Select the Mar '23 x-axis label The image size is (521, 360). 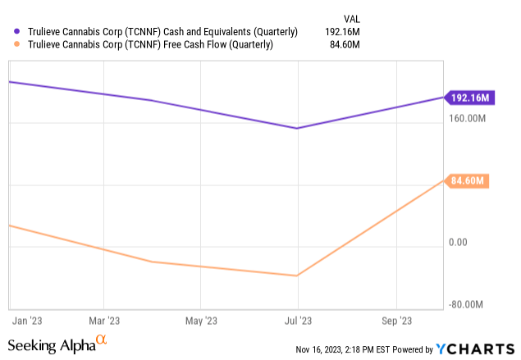[x=104, y=321]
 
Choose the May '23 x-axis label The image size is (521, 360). [x=200, y=321]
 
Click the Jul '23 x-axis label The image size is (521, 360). [x=298, y=321]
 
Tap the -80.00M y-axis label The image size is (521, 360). [x=470, y=304]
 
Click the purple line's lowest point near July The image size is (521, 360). [x=298, y=128]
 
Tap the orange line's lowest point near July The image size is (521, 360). [x=298, y=276]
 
